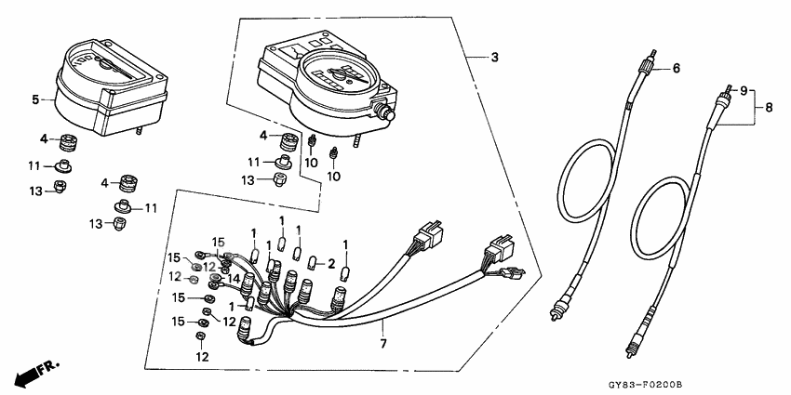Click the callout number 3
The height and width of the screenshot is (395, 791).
pos(494,58)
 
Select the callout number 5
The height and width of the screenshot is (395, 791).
pos(35,99)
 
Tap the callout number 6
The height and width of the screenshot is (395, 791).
pos(676,68)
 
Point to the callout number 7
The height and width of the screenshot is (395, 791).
pos(383,344)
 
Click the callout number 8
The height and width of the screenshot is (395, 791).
pos(769,107)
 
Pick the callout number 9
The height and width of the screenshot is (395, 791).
pos(744,91)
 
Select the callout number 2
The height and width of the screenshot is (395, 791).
pos(331,263)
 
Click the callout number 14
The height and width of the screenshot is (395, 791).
pos(233,277)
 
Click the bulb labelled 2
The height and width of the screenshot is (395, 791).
pos(312,262)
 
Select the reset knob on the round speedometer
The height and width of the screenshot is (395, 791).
pos(386,112)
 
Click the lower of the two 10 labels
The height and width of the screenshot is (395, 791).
pos(334,177)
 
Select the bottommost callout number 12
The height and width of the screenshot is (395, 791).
pos(202,357)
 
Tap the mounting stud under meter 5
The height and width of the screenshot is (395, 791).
pos(139,130)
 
